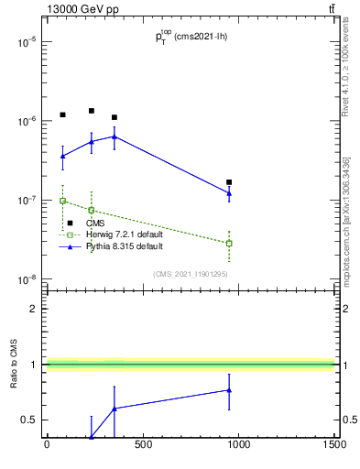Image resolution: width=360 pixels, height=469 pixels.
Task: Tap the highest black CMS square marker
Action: (x=92, y=111)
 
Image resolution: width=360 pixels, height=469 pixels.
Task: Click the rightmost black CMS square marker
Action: (x=229, y=182)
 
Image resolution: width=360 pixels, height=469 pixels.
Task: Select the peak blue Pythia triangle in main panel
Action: (x=114, y=136)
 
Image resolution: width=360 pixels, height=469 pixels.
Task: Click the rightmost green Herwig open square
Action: (x=229, y=243)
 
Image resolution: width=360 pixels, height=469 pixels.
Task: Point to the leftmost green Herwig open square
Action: (x=62, y=200)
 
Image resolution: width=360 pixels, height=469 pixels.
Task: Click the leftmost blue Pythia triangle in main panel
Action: (x=62, y=156)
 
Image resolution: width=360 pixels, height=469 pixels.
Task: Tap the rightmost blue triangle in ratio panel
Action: (x=229, y=390)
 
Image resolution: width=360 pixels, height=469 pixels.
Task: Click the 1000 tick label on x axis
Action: (x=238, y=447)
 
